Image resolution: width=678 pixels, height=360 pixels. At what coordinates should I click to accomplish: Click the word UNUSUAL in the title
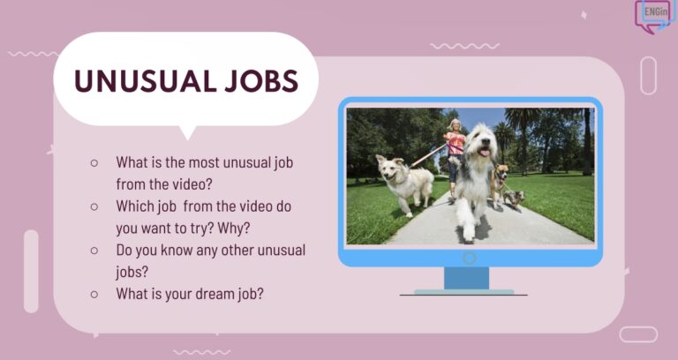145,81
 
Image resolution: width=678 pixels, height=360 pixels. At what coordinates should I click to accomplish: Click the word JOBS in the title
261,81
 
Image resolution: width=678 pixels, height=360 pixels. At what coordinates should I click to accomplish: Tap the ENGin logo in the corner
655,16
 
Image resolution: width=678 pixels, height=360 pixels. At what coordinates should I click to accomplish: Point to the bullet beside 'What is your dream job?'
94,295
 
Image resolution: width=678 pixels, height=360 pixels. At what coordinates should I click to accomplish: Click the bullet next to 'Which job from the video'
94,206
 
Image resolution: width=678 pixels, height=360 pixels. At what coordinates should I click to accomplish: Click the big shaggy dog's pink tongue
485,152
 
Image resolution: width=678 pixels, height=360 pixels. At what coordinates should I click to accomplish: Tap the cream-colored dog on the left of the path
404,184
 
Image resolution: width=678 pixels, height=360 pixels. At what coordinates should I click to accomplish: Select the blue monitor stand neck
466,278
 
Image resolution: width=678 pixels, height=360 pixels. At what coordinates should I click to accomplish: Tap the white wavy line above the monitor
465,46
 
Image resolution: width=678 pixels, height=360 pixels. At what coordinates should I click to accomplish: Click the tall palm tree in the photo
520,130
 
